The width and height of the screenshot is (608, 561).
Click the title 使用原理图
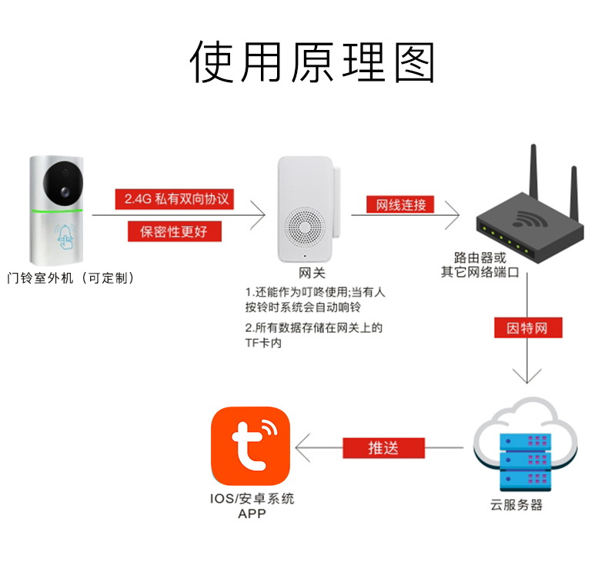312,61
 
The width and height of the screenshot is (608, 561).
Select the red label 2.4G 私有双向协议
176,199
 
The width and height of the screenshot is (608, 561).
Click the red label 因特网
527,328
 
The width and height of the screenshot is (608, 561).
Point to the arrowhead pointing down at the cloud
527,376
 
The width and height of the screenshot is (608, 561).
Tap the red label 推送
383,448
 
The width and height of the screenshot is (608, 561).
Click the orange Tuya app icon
251,446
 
